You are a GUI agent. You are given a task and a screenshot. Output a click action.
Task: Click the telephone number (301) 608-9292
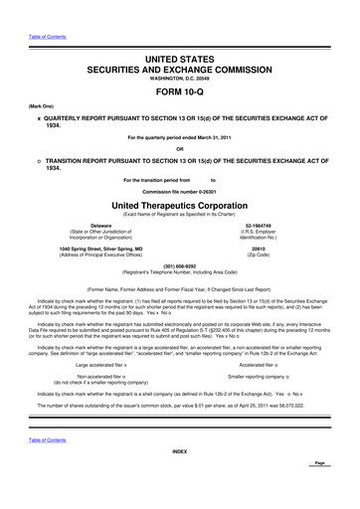(x=180, y=265)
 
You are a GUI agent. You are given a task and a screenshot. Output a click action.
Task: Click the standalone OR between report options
(x=180, y=151)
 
